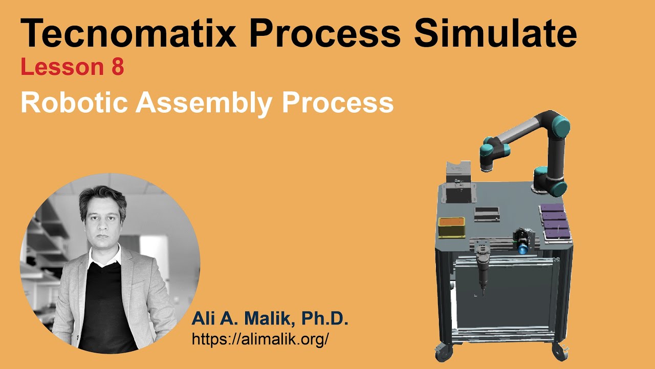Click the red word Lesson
[62, 68]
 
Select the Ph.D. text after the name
[324, 319]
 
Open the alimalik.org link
[260, 339]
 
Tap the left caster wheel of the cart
[441, 353]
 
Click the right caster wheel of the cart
[557, 352]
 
